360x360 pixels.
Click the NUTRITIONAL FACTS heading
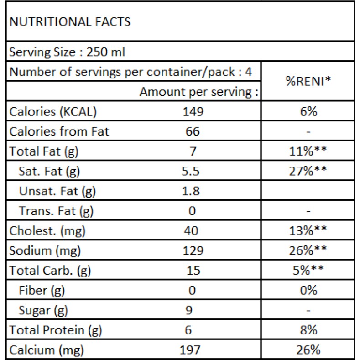pyautogui.click(x=69, y=22)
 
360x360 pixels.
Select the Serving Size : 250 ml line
pyautogui.click(x=68, y=52)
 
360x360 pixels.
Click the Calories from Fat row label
pyautogui.click(x=60, y=132)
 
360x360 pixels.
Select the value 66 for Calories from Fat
pyautogui.click(x=193, y=132)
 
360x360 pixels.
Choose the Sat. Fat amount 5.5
pyautogui.click(x=193, y=172)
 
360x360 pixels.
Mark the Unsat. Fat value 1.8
pyautogui.click(x=193, y=191)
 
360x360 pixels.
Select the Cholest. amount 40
pyautogui.click(x=193, y=231)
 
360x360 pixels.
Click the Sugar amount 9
pyautogui.click(x=193, y=311)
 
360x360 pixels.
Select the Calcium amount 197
pyautogui.click(x=193, y=350)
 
